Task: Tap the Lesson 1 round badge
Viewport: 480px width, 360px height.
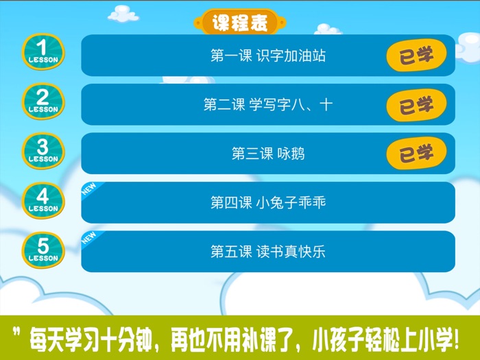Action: coord(43,51)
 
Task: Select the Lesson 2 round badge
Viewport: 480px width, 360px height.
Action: coord(43,101)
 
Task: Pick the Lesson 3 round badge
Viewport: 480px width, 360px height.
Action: coord(43,151)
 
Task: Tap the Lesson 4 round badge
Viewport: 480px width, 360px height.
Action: coord(43,200)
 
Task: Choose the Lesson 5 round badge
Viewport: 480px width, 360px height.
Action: coord(43,250)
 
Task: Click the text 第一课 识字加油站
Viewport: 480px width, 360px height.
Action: coord(267,56)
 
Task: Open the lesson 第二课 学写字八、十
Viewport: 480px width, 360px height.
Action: coord(267,105)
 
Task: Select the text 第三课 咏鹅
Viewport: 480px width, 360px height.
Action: coord(267,154)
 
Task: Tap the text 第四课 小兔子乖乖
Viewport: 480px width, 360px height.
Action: coord(267,203)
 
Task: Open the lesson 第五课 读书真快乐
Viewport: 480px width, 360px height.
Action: coord(267,252)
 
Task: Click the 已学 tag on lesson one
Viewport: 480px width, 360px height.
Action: coord(416,56)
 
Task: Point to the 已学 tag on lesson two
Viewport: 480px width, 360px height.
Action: coord(416,105)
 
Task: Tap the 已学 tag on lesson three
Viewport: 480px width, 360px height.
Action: coord(416,154)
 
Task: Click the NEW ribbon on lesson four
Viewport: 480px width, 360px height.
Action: coord(89,189)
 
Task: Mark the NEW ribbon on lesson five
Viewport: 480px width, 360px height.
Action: coord(89,239)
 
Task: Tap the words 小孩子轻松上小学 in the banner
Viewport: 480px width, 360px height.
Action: coord(384,338)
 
